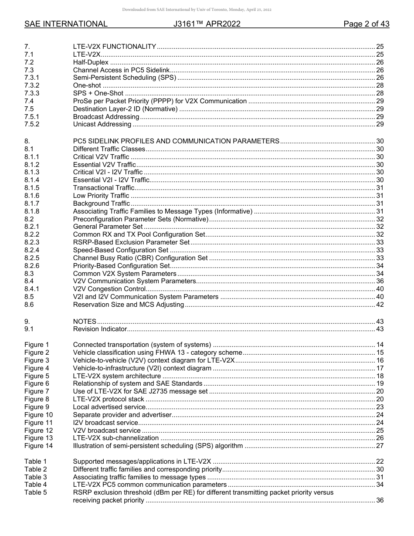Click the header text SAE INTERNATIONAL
[66, 24]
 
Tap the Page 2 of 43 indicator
[366, 24]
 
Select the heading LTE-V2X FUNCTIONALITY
[115, 47]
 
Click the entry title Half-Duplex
[91, 62]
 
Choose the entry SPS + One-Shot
[98, 93]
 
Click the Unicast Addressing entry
[102, 125]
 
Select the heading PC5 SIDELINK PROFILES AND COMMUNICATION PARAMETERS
[176, 141]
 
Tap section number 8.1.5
[32, 188]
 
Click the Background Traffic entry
[102, 204]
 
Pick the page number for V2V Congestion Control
[380, 289]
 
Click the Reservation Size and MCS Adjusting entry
[129, 305]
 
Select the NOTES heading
[85, 322]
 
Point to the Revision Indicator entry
[100, 329]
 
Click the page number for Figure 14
[380, 446]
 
